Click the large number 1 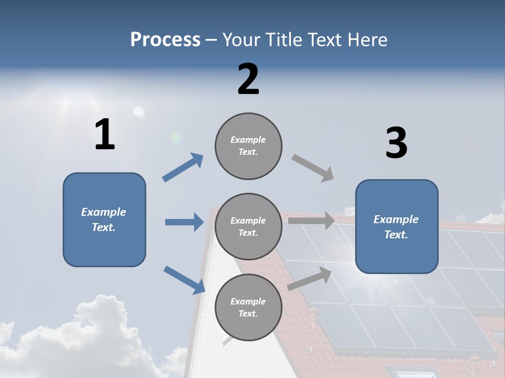pyautogui.click(x=105, y=134)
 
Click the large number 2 pyautogui.click(x=248, y=79)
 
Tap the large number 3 pyautogui.click(x=396, y=143)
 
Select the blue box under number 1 pyautogui.click(x=104, y=219)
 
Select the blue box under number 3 pyautogui.click(x=397, y=226)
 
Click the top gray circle pyautogui.click(x=248, y=146)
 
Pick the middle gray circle pyautogui.click(x=248, y=226)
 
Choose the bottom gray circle pyautogui.click(x=248, y=307)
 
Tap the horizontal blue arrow pyautogui.click(x=184, y=222)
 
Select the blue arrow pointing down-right pyautogui.click(x=184, y=279)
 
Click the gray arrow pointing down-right pyautogui.click(x=313, y=168)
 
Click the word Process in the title pyautogui.click(x=165, y=39)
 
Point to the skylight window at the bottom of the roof pyautogui.click(x=416, y=373)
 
